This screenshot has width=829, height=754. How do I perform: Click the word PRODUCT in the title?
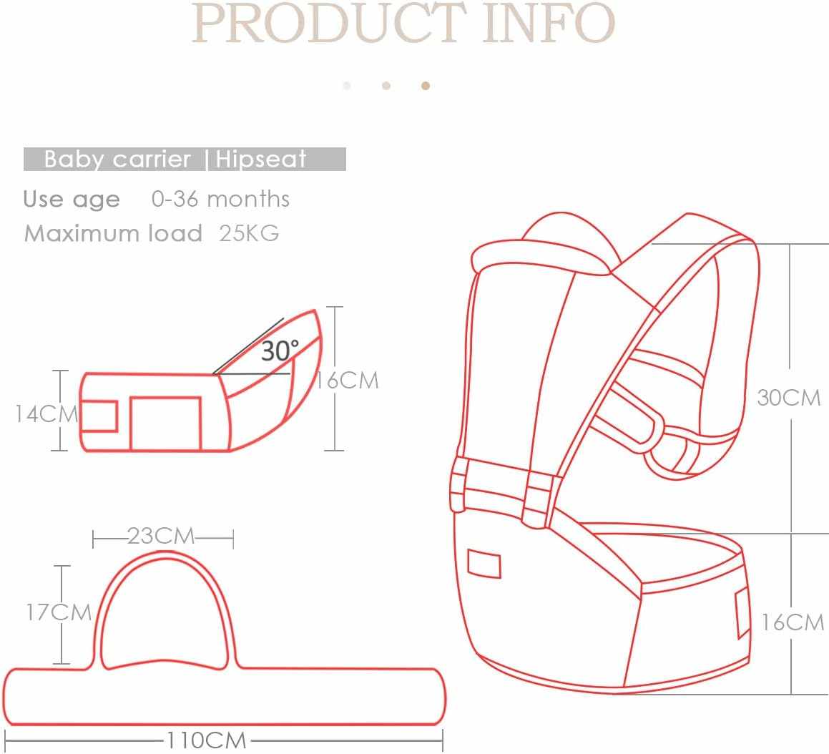pyautogui.click(x=329, y=23)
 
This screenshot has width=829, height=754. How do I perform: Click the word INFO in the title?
pyautogui.click(x=549, y=23)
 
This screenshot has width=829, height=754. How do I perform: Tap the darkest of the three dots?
pyautogui.click(x=426, y=86)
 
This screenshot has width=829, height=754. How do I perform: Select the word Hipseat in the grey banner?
pyautogui.click(x=261, y=160)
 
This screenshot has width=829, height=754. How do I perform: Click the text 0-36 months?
pyautogui.click(x=220, y=199)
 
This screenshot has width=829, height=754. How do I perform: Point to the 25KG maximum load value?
pyautogui.click(x=249, y=233)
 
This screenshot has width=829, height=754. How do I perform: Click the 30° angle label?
pyautogui.click(x=280, y=351)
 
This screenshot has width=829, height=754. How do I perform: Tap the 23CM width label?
pyautogui.click(x=161, y=536)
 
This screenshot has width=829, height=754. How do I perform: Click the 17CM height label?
pyautogui.click(x=59, y=612)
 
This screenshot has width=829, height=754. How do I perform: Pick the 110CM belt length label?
pyautogui.click(x=207, y=740)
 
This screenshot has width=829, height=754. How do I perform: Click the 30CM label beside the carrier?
pyautogui.click(x=789, y=397)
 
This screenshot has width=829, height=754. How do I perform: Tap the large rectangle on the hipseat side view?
pyautogui.click(x=165, y=423)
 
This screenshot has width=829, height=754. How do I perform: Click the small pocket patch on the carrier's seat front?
pyautogui.click(x=484, y=563)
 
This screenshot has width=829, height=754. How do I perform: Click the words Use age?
pyautogui.click(x=72, y=199)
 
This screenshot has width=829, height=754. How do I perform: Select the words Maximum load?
pyautogui.click(x=113, y=233)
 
